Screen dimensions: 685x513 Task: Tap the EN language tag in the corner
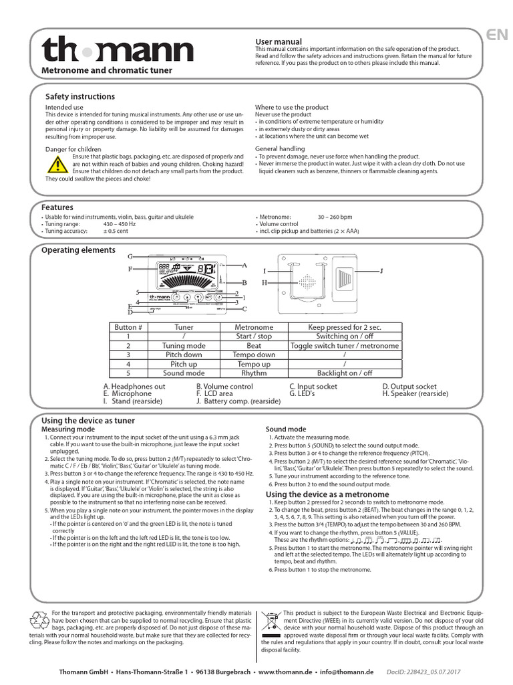(x=496, y=36)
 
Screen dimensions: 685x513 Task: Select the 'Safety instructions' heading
(x=79, y=97)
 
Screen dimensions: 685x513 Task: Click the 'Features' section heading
(x=57, y=207)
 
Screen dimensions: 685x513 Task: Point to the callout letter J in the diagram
(x=381, y=271)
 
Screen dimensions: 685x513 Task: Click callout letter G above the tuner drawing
(x=130, y=257)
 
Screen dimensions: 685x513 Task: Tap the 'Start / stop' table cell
(x=254, y=336)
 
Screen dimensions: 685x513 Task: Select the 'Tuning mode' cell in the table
(x=184, y=346)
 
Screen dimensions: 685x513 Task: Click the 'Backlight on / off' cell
(x=345, y=373)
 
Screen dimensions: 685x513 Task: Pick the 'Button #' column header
(x=128, y=327)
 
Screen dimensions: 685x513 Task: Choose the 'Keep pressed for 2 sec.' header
(x=345, y=327)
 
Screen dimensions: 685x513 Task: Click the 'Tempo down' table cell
(x=254, y=355)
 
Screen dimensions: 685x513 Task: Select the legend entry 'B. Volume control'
(x=224, y=387)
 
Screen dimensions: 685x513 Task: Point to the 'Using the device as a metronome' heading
(x=318, y=494)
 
